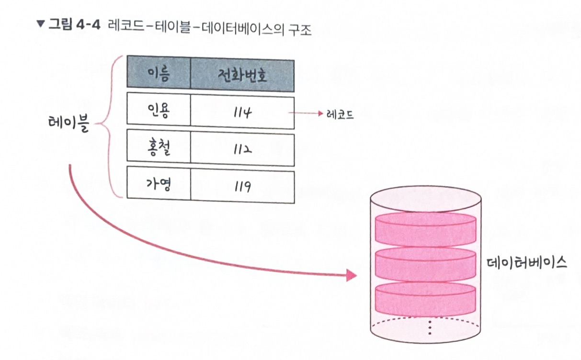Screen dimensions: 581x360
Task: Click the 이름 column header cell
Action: point(159,73)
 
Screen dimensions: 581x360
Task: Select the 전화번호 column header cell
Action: point(242,75)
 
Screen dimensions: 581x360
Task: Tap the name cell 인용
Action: point(159,110)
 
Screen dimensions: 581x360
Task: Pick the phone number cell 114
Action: point(242,112)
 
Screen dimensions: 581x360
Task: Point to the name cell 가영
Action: point(159,183)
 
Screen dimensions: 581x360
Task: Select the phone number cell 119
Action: point(242,185)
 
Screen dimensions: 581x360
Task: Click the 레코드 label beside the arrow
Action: point(340,114)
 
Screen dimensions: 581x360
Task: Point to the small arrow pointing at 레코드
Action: point(307,114)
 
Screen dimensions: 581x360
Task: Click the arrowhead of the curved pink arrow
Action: point(352,275)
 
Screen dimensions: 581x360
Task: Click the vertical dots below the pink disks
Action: point(430,327)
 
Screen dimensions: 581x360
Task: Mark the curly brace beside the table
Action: point(106,125)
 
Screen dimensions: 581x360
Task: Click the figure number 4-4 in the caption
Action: point(87,25)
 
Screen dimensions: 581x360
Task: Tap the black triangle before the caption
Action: point(40,24)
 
